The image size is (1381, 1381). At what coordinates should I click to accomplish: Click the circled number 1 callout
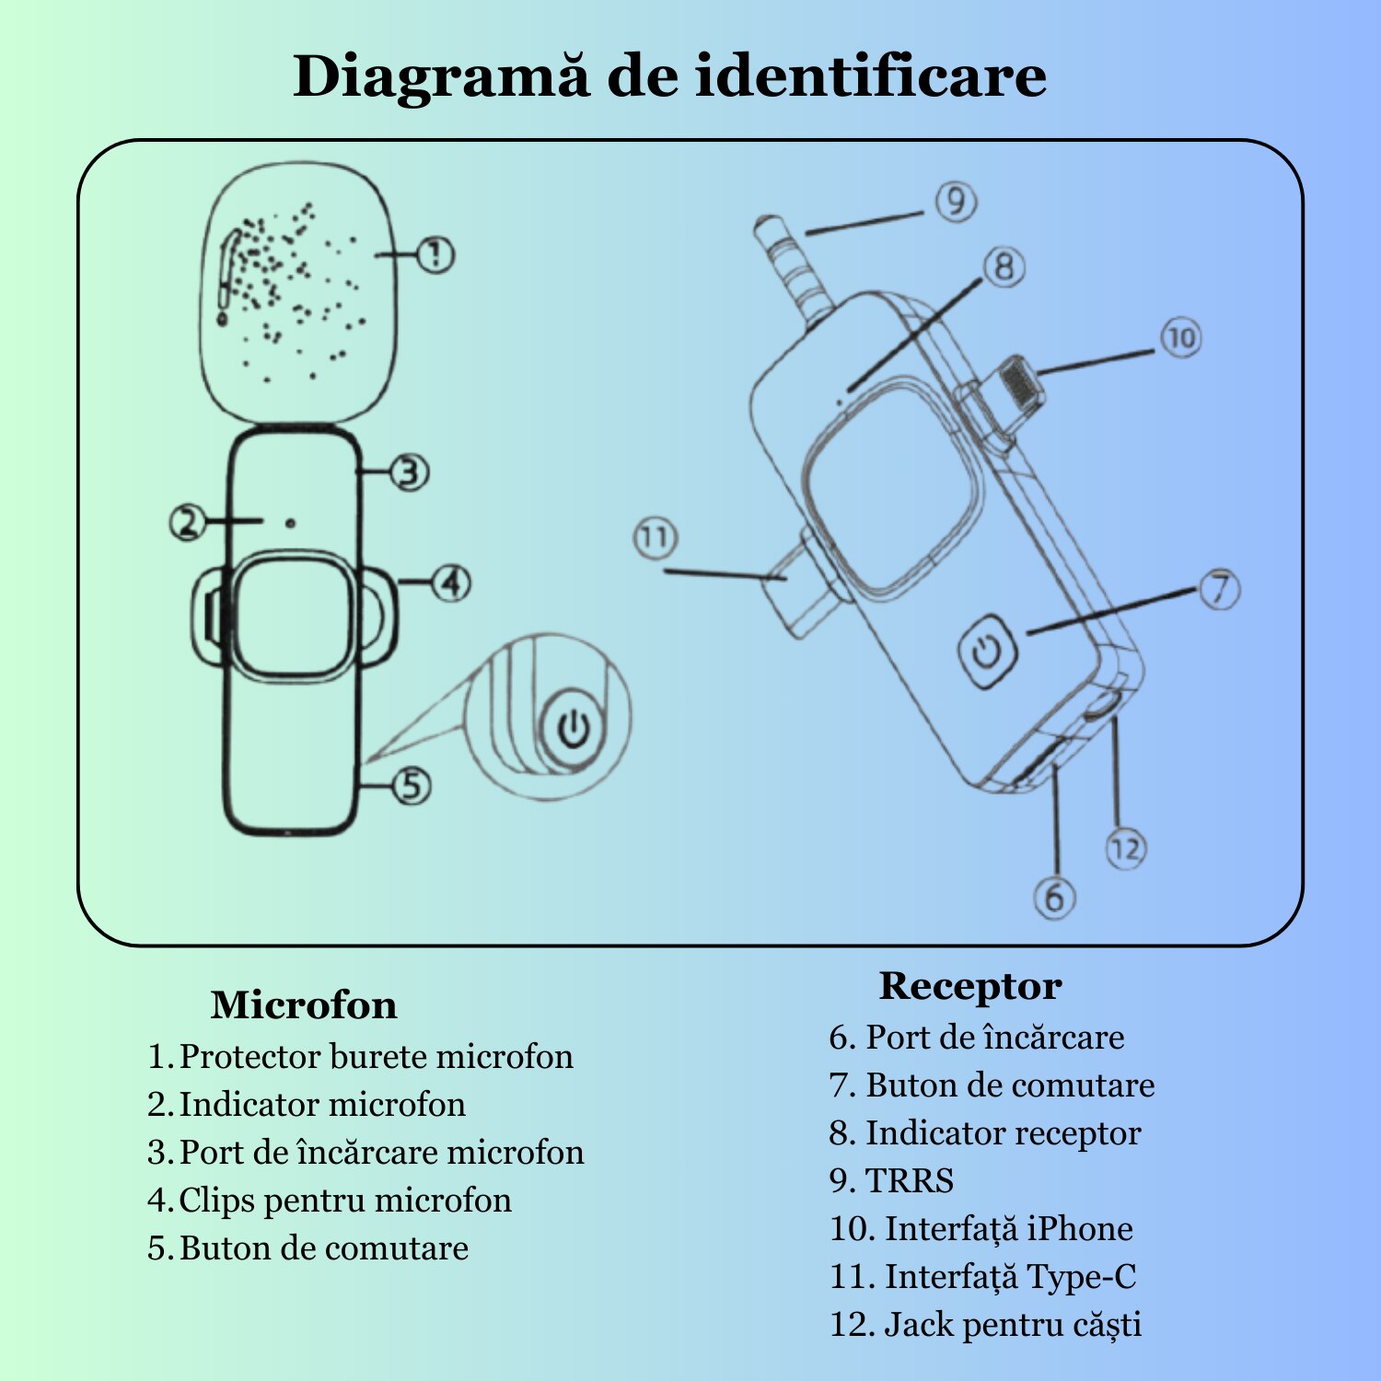point(435,255)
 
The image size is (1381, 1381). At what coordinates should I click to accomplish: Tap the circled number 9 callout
point(956,201)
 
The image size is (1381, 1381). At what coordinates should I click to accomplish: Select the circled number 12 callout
point(1125,848)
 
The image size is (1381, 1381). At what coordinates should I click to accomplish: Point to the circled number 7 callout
point(1220,588)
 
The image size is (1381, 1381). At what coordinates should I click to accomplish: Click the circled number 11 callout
point(656,537)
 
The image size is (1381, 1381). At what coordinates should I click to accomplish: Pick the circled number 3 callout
point(410,472)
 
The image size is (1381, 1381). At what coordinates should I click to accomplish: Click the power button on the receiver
point(987,652)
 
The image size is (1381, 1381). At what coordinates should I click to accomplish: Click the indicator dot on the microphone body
point(290,523)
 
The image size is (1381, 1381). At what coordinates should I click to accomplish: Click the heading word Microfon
point(304,1004)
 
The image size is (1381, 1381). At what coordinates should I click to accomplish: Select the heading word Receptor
point(970,986)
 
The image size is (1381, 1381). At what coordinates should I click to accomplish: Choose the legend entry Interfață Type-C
point(1009,1277)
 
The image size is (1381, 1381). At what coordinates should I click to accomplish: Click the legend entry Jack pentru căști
point(1012,1325)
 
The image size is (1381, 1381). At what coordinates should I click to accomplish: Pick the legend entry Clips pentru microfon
point(344,1201)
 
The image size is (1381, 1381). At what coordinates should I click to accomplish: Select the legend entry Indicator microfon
point(321,1105)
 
